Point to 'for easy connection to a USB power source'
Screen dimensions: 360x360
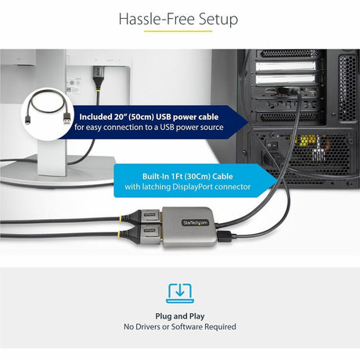(x=149, y=126)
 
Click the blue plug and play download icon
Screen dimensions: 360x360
(x=179, y=292)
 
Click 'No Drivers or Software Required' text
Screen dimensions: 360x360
(x=179, y=326)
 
